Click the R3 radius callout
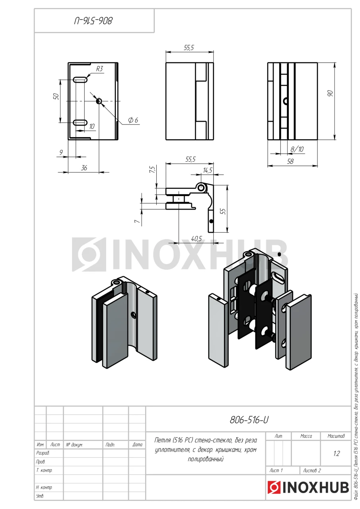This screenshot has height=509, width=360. [x=99, y=69]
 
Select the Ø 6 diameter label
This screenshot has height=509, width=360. [x=133, y=120]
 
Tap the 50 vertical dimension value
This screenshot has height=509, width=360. [x=56, y=97]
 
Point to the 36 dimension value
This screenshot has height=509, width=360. [x=84, y=168]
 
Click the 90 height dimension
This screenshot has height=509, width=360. [x=330, y=93]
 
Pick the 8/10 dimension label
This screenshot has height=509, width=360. [x=297, y=149]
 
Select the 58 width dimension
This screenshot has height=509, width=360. [x=290, y=161]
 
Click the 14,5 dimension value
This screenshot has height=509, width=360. [x=208, y=170]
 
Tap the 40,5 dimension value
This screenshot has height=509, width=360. [x=197, y=239]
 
